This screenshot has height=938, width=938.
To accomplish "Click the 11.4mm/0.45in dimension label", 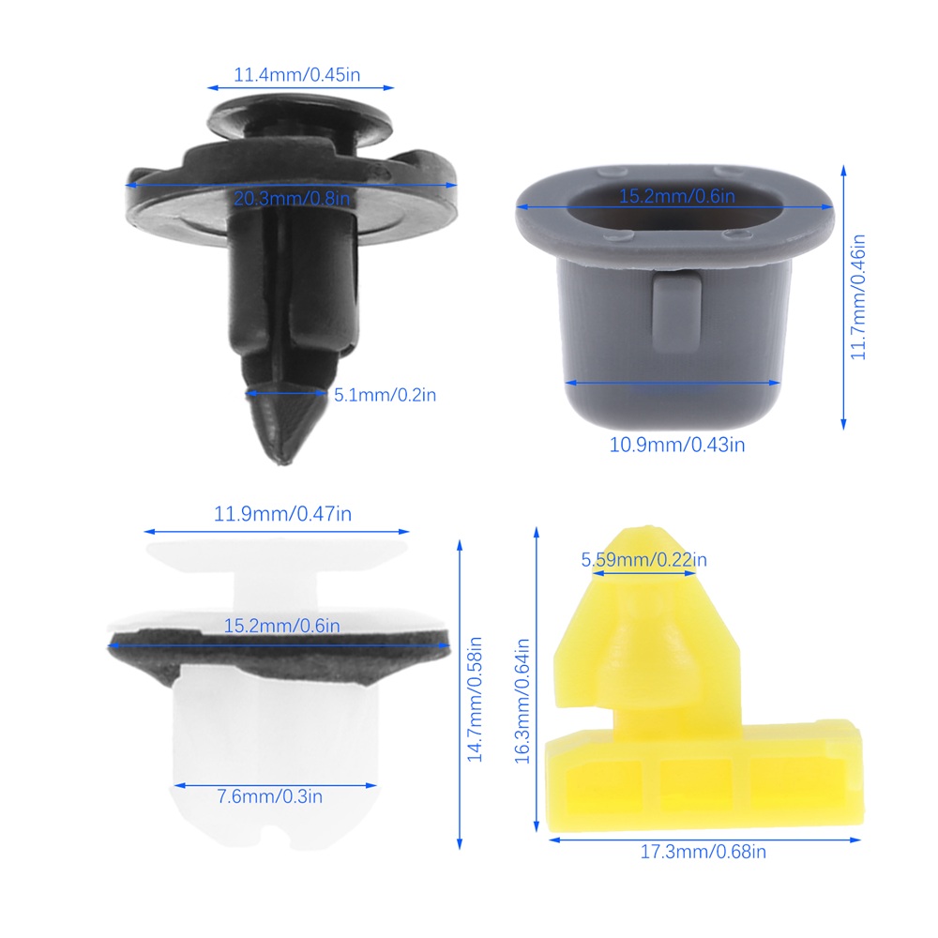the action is point(296,75).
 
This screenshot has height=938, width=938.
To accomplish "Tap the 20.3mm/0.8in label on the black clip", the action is point(292,198).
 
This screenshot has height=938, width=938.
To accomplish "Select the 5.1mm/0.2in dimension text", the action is point(385,395).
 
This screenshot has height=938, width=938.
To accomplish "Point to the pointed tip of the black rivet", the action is point(281,461).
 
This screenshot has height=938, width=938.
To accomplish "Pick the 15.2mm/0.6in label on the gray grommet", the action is point(676,196).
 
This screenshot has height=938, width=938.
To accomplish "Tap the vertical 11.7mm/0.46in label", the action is point(858,297).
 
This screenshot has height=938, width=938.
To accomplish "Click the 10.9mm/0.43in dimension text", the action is point(677,445).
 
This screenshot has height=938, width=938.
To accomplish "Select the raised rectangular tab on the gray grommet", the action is point(676,312).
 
